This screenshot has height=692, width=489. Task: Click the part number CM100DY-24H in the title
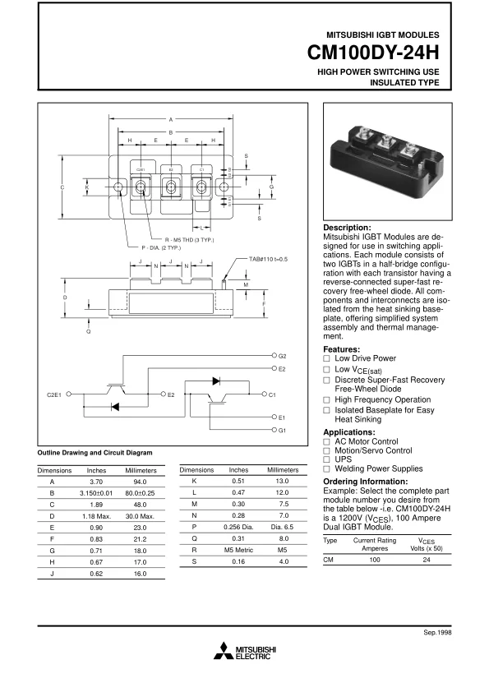[373, 53]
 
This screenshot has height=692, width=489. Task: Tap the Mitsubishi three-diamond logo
[223, 651]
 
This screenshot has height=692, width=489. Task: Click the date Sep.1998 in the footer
[437, 633]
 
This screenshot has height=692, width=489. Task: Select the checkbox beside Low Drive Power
[326, 359]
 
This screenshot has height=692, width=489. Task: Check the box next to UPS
[326, 459]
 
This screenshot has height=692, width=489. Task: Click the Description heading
[348, 228]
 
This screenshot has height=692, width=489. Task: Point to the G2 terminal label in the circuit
[282, 356]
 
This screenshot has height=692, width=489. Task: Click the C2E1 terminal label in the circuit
[54, 394]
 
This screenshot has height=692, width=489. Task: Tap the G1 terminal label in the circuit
[282, 431]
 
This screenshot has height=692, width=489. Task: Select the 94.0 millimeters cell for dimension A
[140, 482]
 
